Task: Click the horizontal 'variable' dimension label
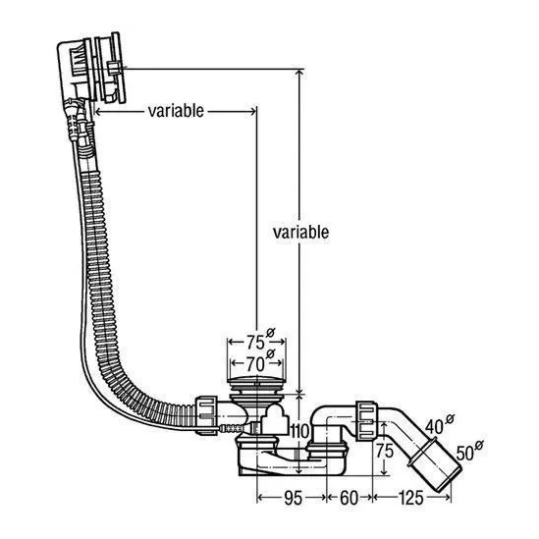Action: point(176,111)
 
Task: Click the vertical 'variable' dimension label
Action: point(300,233)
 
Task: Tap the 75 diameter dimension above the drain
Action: point(255,342)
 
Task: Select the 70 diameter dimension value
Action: point(255,364)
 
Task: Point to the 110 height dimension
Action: point(300,431)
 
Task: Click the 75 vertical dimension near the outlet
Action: point(384,451)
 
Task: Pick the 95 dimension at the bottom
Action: point(294,498)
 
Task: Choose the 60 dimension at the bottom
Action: point(349,498)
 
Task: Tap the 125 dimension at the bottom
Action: point(410,498)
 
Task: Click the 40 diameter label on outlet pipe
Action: point(434,427)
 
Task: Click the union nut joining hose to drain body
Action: point(206,415)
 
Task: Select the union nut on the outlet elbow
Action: point(367,420)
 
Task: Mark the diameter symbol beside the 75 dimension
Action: point(271,333)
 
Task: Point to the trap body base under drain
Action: point(293,462)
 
